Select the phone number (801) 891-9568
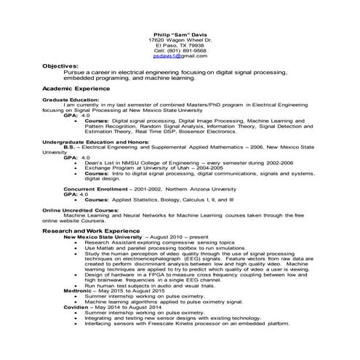tap(180, 49)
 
